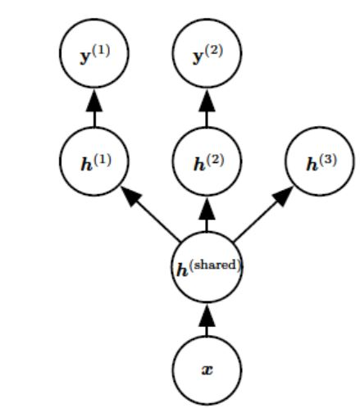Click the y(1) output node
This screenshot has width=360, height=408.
tap(94, 53)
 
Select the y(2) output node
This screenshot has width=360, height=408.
tap(207, 53)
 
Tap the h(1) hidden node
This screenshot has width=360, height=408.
tap(93, 161)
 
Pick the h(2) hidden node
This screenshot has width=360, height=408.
tap(207, 161)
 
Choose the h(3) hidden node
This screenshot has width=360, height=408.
tap(320, 161)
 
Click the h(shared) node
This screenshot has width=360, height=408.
tap(207, 267)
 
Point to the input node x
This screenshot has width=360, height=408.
tap(207, 370)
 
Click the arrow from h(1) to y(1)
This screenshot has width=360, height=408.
tap(94, 108)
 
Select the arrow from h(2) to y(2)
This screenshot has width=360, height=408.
tap(207, 108)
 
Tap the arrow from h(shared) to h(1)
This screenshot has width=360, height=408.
tap(150, 215)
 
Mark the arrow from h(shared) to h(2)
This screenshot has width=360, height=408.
tap(207, 215)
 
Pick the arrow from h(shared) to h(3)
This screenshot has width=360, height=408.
tap(263, 215)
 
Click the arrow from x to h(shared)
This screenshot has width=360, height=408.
tap(207, 320)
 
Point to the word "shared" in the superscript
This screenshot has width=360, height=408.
tap(216, 265)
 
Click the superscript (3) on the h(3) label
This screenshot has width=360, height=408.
tap(328, 160)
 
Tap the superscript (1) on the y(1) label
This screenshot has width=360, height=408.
tap(102, 51)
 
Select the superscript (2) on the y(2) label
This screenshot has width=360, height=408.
tap(214, 51)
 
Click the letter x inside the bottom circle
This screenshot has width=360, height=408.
tap(207, 370)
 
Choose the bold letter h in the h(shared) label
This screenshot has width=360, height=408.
tap(183, 270)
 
